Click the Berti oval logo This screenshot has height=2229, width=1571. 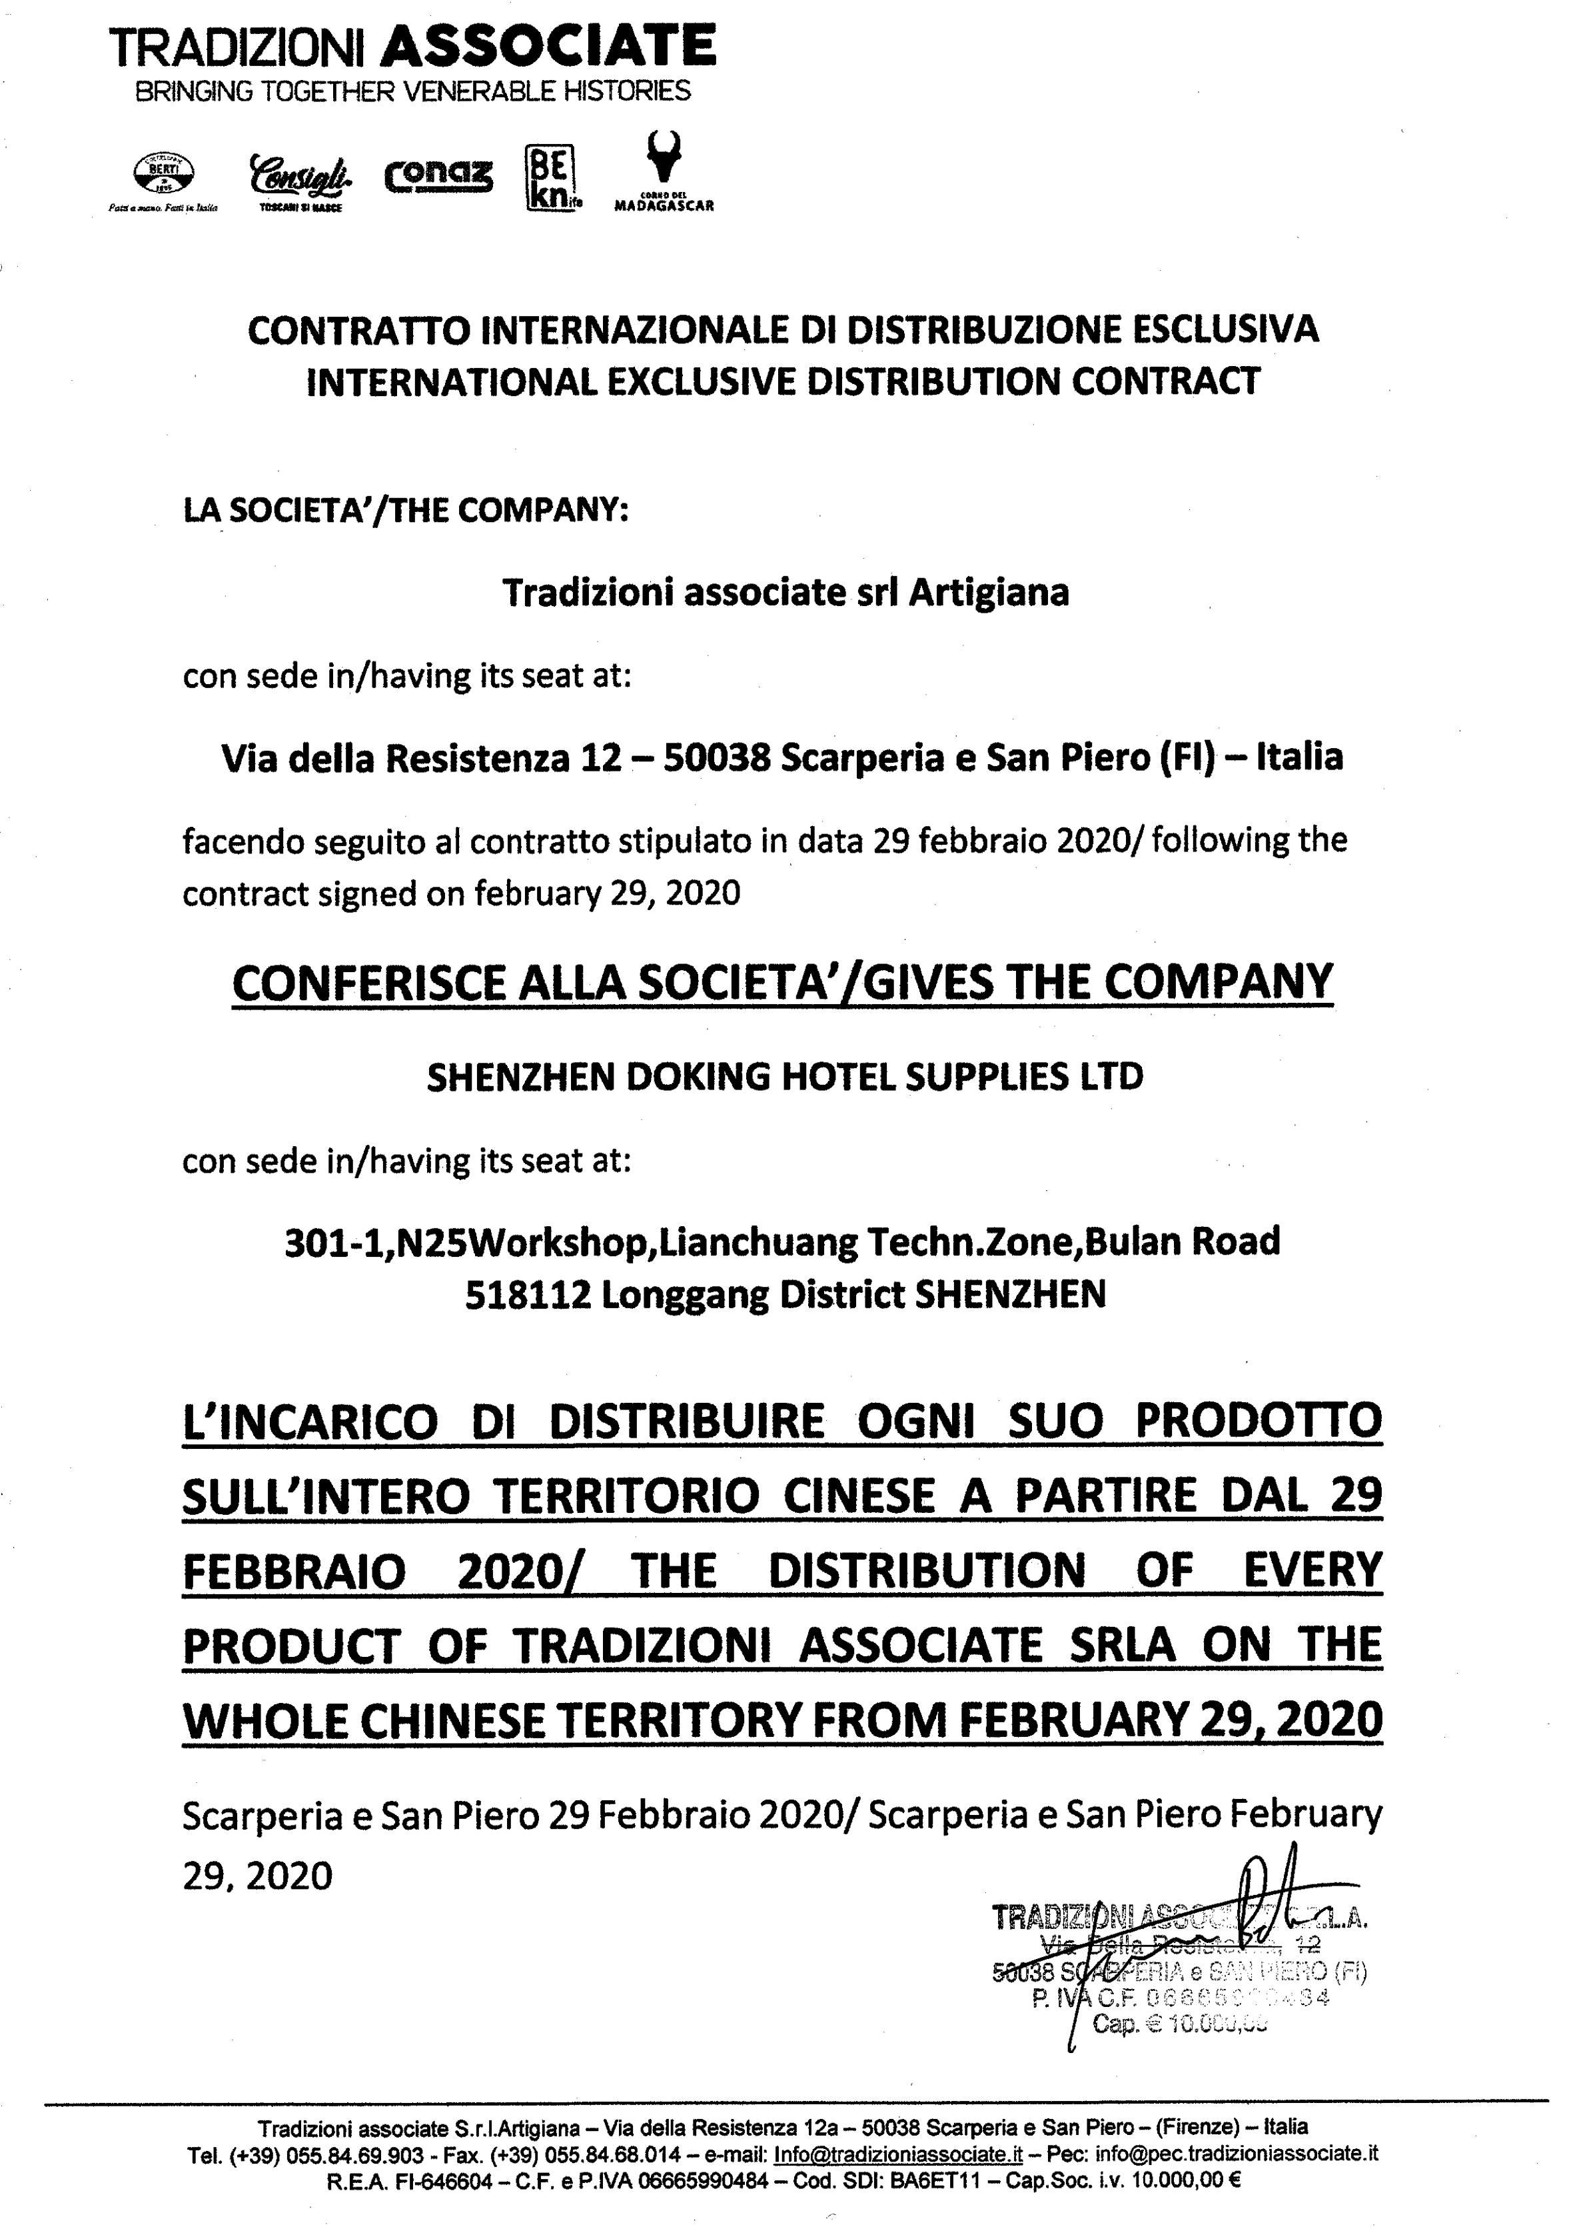[163, 175]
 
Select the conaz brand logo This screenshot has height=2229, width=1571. [438, 176]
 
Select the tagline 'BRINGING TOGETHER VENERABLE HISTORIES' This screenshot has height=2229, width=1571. [412, 91]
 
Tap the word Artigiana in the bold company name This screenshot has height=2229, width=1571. [988, 592]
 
